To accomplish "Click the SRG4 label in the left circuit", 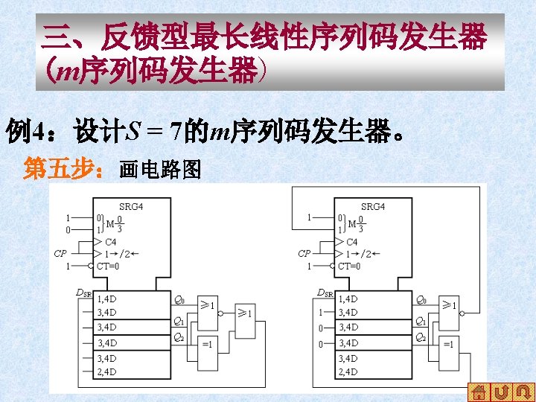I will click(131, 206).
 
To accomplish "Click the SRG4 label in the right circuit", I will click(373, 206).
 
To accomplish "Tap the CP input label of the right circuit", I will click(304, 254).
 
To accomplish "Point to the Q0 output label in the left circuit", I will click(179, 300).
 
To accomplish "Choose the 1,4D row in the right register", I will click(348, 299).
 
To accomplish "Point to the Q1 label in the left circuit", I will click(179, 322).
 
